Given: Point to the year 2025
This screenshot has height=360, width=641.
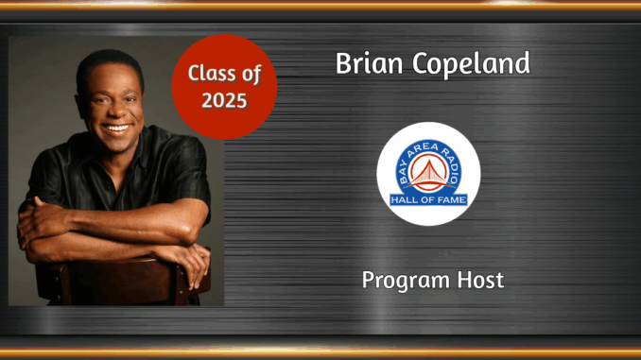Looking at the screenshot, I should click(224, 99).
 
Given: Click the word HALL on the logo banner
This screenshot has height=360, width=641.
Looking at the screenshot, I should click(406, 199).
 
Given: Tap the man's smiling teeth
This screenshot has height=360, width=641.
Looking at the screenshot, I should click(116, 127).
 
